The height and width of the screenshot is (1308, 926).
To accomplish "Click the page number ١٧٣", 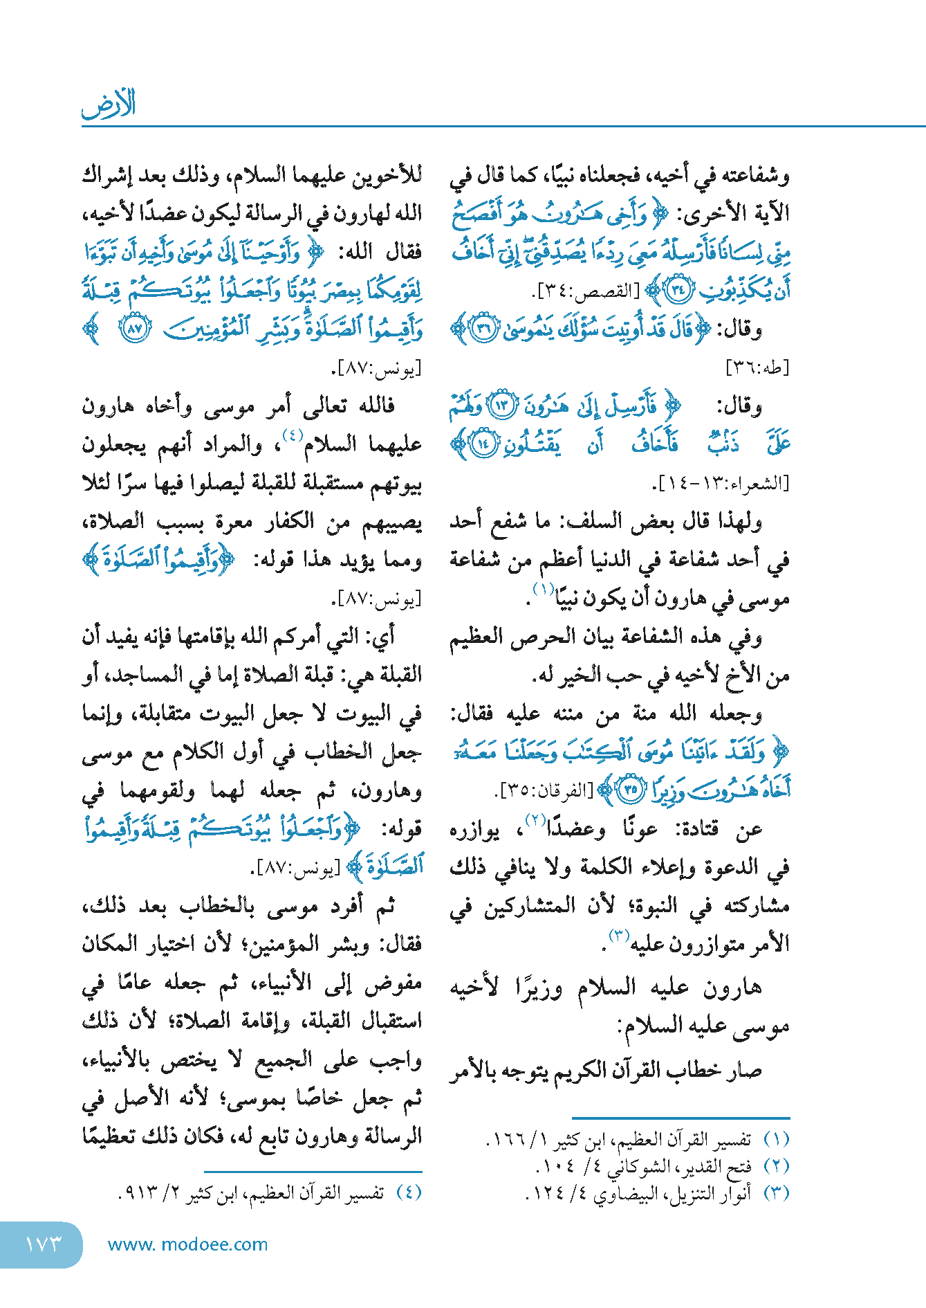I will [x=43, y=1244].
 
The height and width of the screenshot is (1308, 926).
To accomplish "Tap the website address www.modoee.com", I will [x=187, y=1244].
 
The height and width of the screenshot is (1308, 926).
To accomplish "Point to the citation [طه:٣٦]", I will [x=757, y=367].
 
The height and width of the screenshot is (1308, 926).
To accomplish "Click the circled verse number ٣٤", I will [x=677, y=291].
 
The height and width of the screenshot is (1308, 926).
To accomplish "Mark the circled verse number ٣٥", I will [x=630, y=789].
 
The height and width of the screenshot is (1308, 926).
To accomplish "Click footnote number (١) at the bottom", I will [x=776, y=1139].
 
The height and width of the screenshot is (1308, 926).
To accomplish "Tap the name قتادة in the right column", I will [x=696, y=828].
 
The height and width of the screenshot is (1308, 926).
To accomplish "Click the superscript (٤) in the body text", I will [x=293, y=436].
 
